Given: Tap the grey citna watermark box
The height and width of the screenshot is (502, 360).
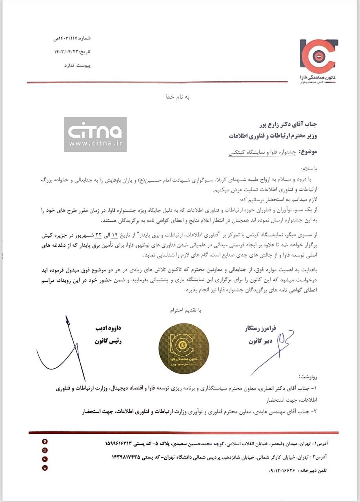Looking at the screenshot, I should [95, 134].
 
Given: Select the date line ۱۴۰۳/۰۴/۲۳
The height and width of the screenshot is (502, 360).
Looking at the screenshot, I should [72, 52].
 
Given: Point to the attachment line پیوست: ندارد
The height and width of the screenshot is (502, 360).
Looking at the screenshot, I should [77, 65].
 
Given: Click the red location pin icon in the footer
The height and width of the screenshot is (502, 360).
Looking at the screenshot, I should [45, 442].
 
